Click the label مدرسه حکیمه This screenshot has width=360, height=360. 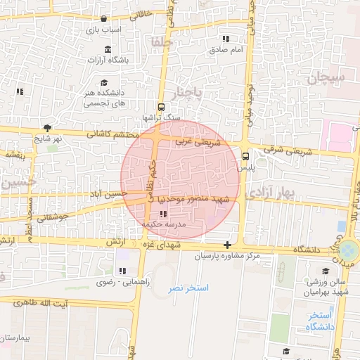click(x=164, y=224)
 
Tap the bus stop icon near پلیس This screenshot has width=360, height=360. click(x=245, y=157)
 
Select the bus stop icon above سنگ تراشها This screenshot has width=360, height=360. click(x=162, y=108)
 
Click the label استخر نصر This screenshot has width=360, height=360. click(x=188, y=288)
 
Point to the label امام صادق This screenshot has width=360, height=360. click(x=226, y=51)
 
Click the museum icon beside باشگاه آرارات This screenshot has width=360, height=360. click(x=108, y=49)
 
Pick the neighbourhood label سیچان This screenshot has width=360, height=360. click(x=326, y=78)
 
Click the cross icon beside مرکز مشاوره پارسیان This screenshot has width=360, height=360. click(x=226, y=245)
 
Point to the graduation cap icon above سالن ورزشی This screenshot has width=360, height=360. click(x=325, y=271)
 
